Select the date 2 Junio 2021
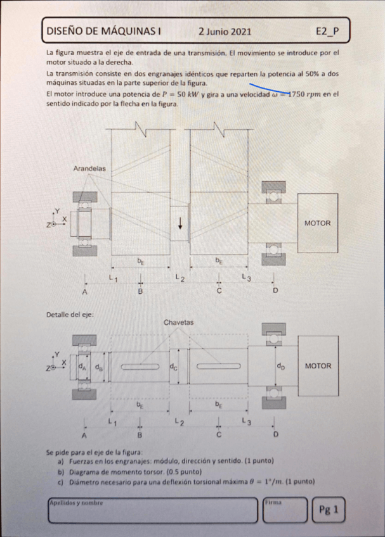click(225, 30)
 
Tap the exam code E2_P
click(327, 30)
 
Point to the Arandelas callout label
click(89, 168)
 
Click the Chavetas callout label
click(178, 322)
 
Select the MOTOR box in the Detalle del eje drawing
click(318, 366)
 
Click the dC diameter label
click(173, 366)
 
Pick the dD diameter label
click(280, 366)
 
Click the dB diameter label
click(99, 366)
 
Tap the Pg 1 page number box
click(329, 509)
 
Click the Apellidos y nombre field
click(152, 510)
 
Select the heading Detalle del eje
click(70, 315)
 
